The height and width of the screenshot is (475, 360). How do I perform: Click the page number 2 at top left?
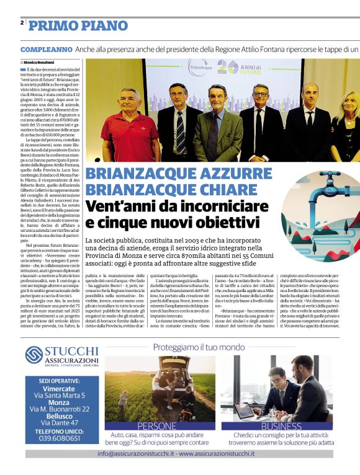point(22,23)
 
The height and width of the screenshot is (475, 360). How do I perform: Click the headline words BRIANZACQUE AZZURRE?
point(170,174)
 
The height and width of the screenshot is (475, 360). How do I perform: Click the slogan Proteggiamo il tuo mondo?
point(199,347)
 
